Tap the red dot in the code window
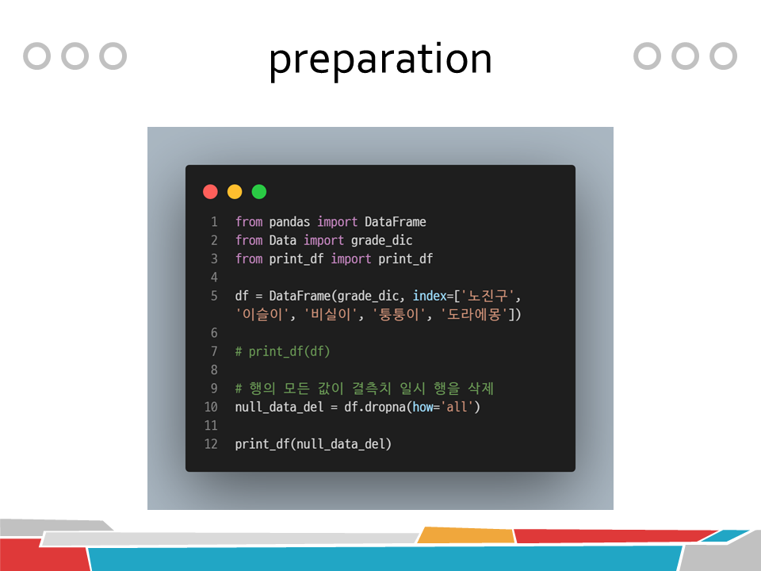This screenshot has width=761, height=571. click(210, 192)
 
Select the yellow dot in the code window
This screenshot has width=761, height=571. click(235, 192)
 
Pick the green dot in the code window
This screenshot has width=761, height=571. click(259, 192)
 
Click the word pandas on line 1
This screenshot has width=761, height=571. click(289, 222)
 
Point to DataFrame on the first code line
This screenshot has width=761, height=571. click(395, 222)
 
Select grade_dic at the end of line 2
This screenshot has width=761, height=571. click(381, 241)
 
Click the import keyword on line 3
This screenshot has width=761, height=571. click(351, 259)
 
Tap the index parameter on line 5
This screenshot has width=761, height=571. click(430, 296)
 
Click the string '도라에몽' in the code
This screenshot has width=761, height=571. click(474, 315)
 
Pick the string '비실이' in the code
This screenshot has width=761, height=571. click(331, 315)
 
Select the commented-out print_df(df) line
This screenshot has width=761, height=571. click(282, 351)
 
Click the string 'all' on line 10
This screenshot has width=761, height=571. click(457, 407)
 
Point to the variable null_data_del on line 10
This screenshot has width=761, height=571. click(279, 408)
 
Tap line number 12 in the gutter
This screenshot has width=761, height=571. click(211, 444)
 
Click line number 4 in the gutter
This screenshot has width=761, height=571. click(214, 278)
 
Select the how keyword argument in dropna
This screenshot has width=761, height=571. click(423, 407)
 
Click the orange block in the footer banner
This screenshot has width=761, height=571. click(466, 535)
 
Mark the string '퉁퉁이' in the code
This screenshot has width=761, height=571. click(399, 315)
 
